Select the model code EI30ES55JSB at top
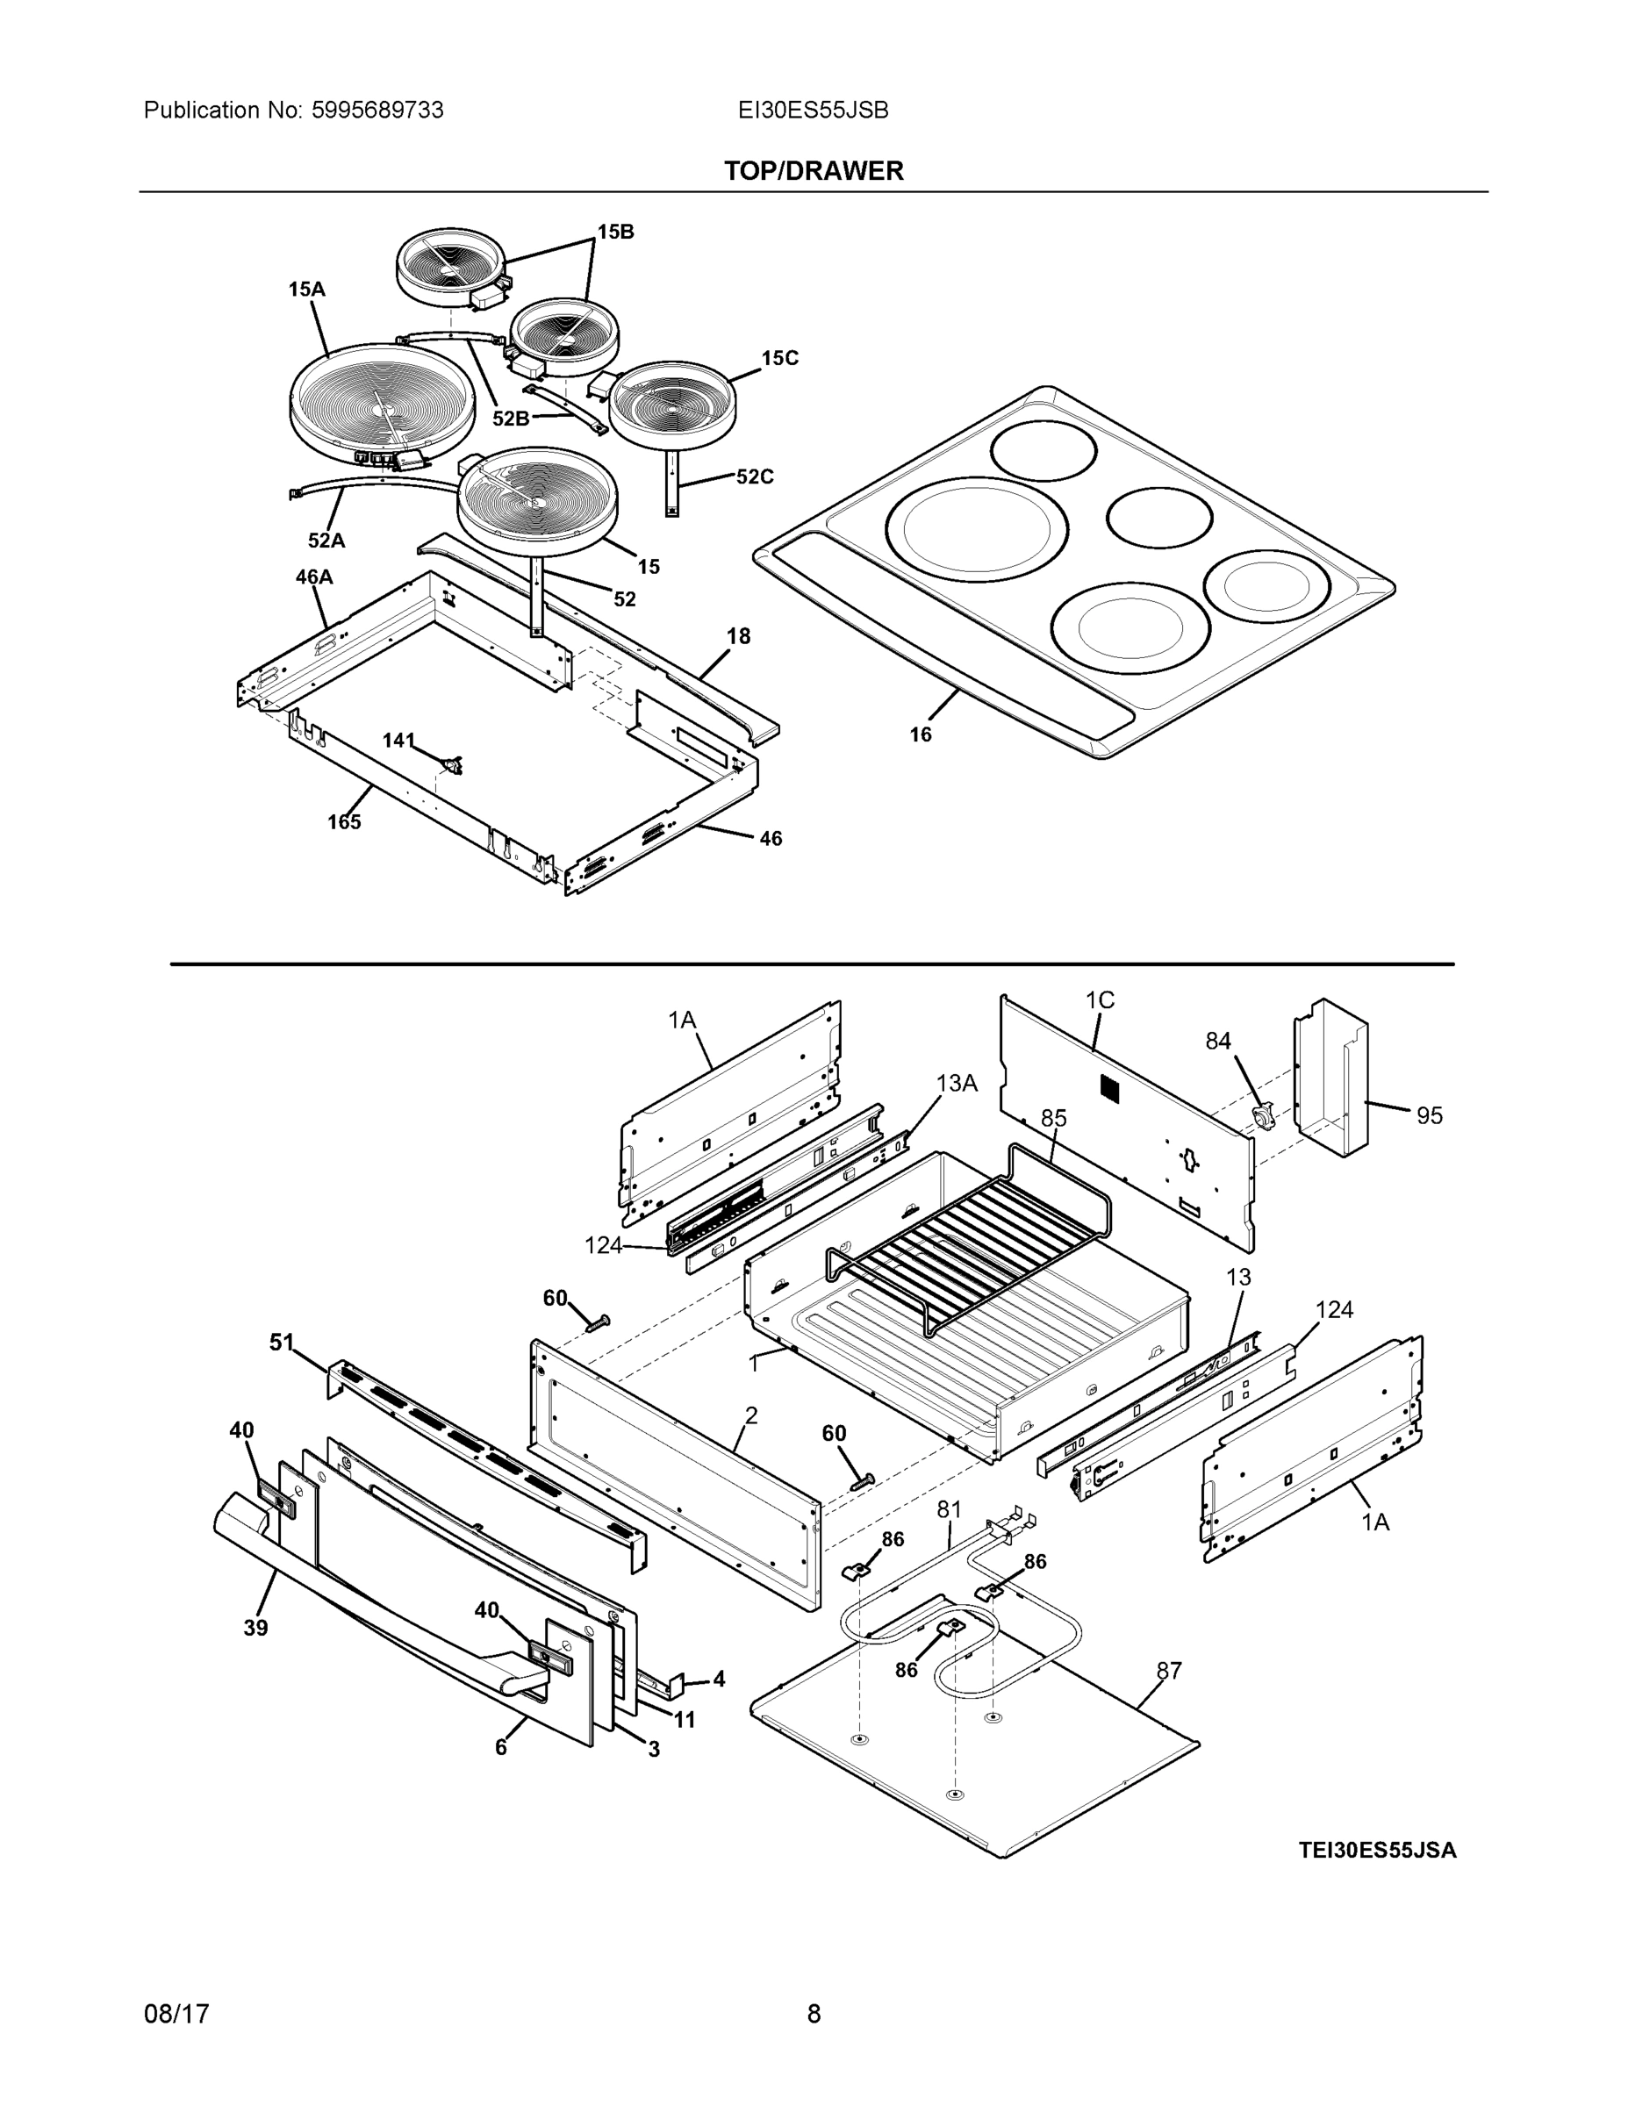813,110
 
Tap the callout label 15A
306,289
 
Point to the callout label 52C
754,476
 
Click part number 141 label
398,740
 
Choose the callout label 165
343,821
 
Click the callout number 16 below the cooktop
920,734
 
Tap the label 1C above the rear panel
1100,1000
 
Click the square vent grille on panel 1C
1112,1086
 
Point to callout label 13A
956,1083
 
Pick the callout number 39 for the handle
255,1628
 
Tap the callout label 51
282,1343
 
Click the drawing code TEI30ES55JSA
1377,1850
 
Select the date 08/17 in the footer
176,2014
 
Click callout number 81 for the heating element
949,1509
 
